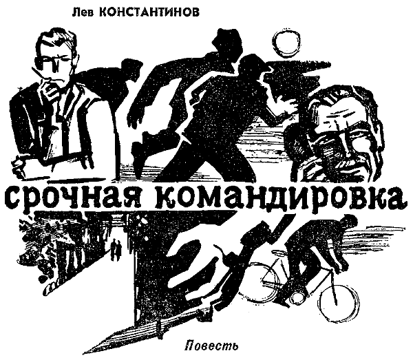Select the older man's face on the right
click(x=337, y=138)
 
